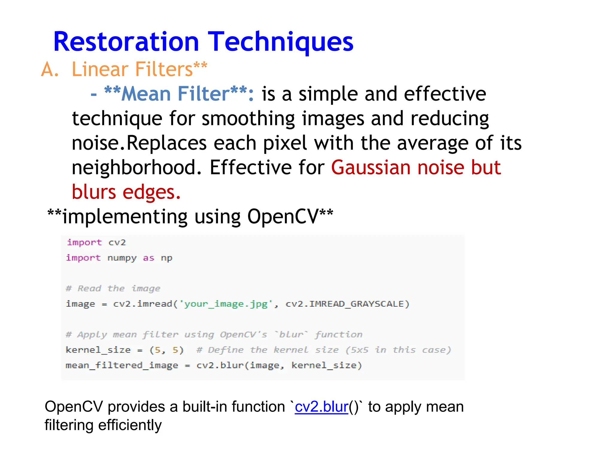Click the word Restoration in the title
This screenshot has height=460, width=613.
coord(126,42)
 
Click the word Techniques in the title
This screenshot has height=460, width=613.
coord(280,42)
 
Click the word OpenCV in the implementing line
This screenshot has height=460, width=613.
coord(283,216)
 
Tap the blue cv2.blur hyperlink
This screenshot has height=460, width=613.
coord(321,407)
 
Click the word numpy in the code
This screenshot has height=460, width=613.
coord(122,258)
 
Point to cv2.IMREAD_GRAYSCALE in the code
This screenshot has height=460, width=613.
coord(347,304)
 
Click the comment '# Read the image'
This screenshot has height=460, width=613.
coord(113,288)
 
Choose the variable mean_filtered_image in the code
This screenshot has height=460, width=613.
coord(122,365)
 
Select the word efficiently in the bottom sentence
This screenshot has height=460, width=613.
coord(130,425)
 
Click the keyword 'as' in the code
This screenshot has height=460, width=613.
coord(148,258)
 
